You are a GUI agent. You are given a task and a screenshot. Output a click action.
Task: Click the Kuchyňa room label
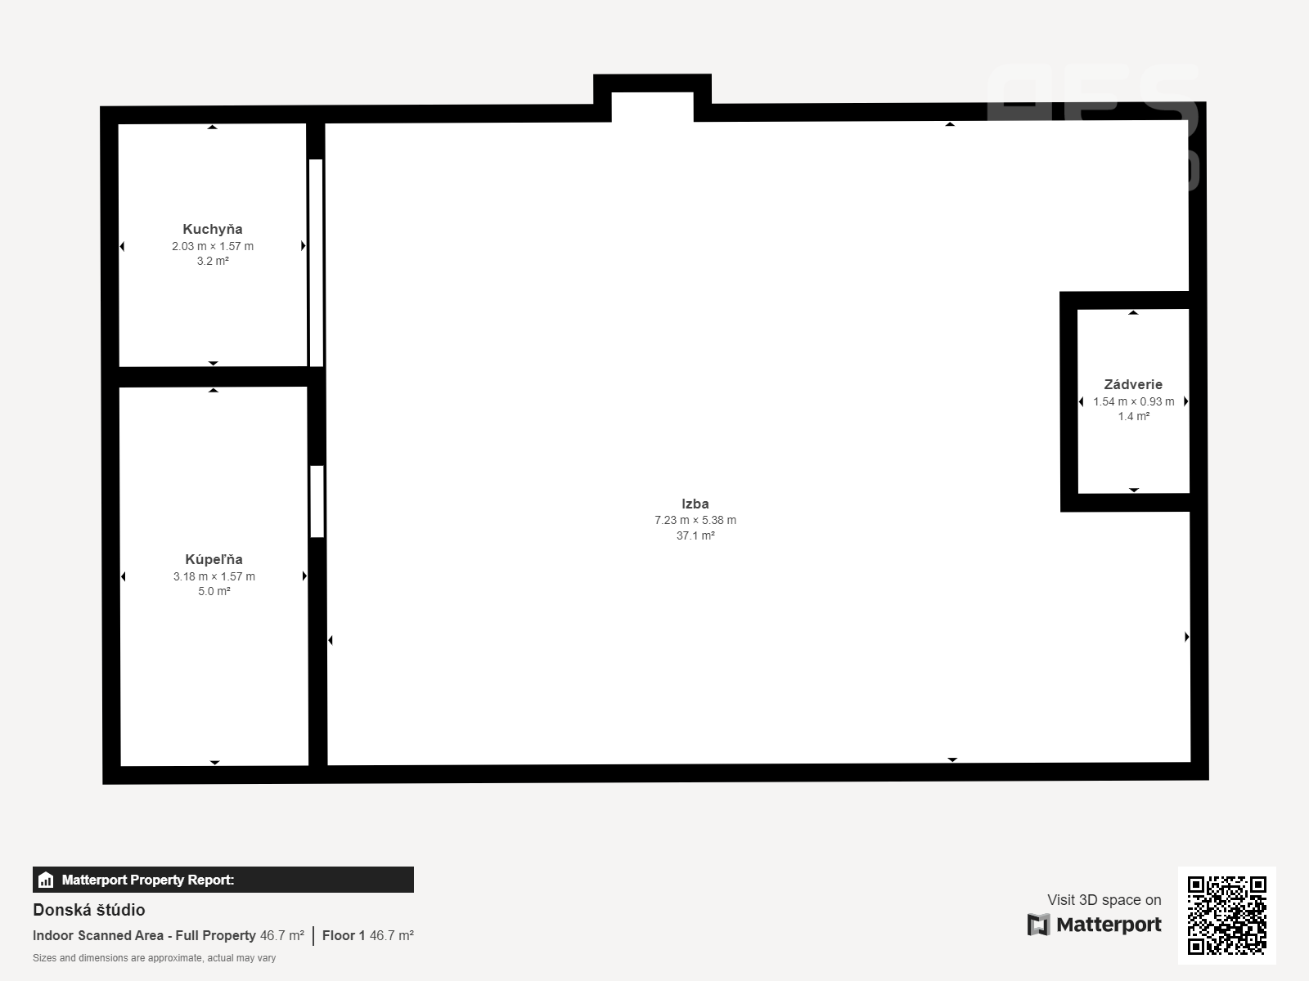point(212,230)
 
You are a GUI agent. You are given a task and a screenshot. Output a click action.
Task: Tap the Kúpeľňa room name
point(214,559)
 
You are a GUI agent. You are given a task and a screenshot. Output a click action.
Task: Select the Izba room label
point(695,504)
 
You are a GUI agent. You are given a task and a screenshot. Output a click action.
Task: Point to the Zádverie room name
point(1133,384)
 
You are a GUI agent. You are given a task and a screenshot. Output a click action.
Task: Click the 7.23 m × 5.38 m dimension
point(695,520)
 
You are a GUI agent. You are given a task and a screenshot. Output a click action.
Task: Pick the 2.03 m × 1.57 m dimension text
point(213,246)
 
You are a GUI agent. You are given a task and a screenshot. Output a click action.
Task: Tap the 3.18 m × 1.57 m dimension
point(214,576)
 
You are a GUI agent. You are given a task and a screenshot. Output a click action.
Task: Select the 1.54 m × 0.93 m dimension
point(1134,401)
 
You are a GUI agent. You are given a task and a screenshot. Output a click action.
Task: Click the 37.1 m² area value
point(695,535)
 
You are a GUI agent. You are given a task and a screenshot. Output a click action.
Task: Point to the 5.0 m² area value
point(214,591)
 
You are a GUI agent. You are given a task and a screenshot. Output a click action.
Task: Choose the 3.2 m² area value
point(213,261)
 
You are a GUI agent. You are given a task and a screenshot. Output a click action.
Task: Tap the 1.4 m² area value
point(1134,416)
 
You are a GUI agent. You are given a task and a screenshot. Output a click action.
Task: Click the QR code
point(1226,915)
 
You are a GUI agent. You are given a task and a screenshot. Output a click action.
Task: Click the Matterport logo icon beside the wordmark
point(1038,925)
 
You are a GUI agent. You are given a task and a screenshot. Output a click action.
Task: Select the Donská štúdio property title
point(89,910)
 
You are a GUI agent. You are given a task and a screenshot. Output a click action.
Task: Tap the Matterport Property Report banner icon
point(46,880)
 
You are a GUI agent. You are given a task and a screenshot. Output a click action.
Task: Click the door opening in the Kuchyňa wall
point(316,262)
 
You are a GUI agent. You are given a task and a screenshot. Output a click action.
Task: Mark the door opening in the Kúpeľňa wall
point(317,501)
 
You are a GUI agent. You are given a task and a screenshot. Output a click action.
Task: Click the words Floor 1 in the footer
point(344,936)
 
